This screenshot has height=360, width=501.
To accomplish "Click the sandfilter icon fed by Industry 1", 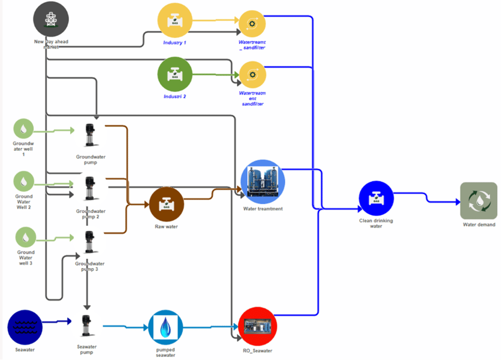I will pyautogui.click(x=252, y=23).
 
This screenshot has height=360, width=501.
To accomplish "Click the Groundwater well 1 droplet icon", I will pyautogui.click(x=23, y=129).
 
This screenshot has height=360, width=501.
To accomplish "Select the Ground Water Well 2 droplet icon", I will pyautogui.click(x=23, y=181).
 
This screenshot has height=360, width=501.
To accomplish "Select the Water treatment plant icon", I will pyautogui.click(x=263, y=182).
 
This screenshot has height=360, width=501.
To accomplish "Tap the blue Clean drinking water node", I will pyautogui.click(x=376, y=199).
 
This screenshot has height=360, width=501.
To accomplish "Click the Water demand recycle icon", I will pyautogui.click(x=478, y=200).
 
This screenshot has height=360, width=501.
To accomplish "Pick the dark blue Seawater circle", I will pyautogui.click(x=25, y=327).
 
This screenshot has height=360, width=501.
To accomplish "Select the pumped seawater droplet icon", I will pyautogui.click(x=166, y=327).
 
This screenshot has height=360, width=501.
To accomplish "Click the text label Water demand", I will pyautogui.click(x=478, y=225).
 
